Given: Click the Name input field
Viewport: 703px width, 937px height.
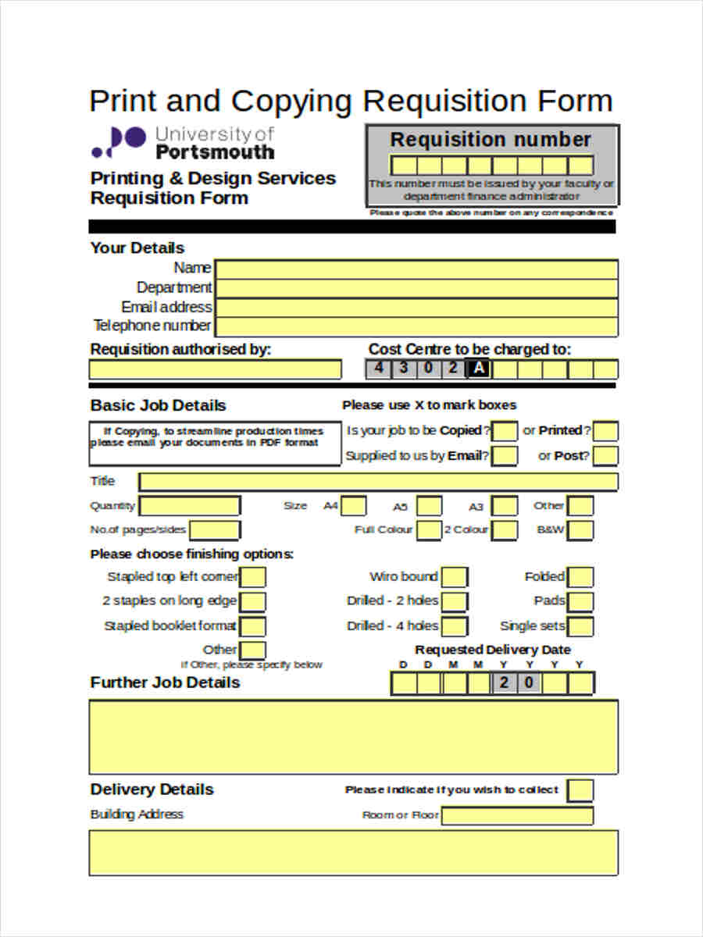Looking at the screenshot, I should click(416, 269).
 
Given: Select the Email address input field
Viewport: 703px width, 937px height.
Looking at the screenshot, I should click(416, 307).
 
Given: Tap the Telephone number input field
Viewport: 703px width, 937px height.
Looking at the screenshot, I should click(416, 326).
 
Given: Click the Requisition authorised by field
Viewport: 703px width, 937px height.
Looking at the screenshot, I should click(215, 369).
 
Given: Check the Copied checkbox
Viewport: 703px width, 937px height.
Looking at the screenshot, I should click(505, 431).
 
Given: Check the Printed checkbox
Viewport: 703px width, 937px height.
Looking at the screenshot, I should click(605, 431).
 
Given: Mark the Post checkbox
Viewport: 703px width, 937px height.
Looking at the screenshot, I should click(605, 456).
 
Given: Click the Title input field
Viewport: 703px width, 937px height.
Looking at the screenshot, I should click(378, 482).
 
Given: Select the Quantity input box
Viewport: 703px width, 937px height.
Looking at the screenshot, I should click(190, 506).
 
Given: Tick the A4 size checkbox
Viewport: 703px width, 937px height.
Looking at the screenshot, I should click(355, 507).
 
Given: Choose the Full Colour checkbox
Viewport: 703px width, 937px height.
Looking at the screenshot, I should click(428, 531).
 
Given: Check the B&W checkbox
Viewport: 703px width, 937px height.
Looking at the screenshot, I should click(580, 531).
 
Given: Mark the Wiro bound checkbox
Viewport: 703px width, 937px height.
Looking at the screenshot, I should click(455, 578).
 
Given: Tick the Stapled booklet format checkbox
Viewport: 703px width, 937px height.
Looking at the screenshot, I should click(253, 626).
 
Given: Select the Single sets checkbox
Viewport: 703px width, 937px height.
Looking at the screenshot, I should click(580, 626).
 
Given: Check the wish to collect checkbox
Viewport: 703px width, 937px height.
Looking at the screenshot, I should click(580, 790).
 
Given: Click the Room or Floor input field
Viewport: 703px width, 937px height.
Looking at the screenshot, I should click(517, 816).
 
